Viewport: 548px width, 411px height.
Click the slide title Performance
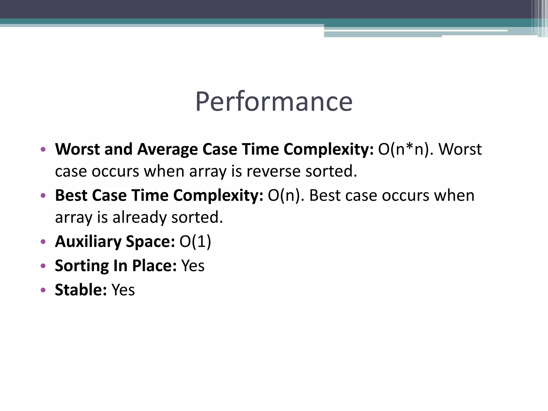(x=274, y=102)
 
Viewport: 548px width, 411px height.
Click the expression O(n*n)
(x=406, y=149)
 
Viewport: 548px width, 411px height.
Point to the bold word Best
(x=71, y=195)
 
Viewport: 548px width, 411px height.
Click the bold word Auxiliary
(x=88, y=242)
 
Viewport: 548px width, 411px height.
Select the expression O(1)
(x=195, y=242)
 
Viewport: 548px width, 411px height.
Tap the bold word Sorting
(x=82, y=266)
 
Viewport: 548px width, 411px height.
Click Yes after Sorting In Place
(x=193, y=266)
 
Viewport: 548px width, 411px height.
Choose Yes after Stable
(x=123, y=290)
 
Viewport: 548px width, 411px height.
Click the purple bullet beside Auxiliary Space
(x=43, y=242)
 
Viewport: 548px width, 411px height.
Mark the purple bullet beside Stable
(x=43, y=290)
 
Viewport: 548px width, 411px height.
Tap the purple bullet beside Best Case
(x=43, y=196)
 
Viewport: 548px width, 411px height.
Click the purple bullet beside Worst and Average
(x=43, y=149)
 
